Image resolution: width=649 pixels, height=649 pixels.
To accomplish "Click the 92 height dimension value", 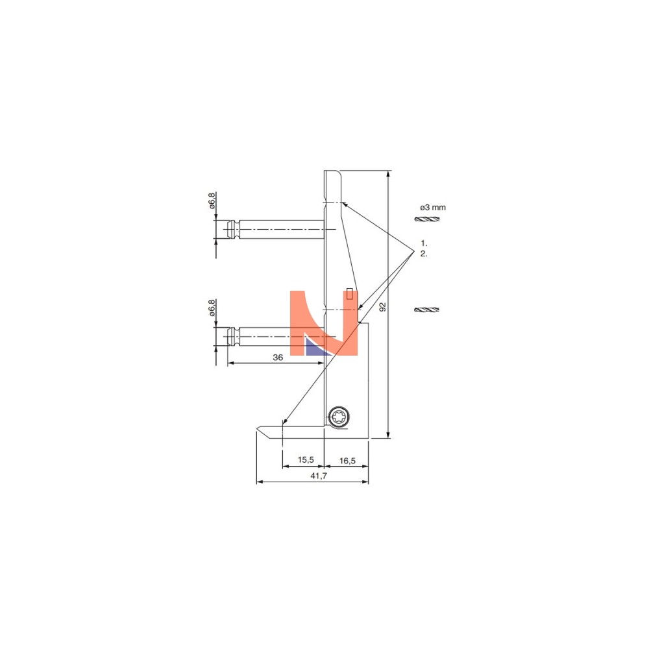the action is coord(383,307).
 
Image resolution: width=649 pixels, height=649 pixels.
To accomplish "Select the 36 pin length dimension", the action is coord(278,357).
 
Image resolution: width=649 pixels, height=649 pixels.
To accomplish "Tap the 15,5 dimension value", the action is coord(306,459).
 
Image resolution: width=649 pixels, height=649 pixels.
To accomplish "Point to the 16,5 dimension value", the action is coord(347,461).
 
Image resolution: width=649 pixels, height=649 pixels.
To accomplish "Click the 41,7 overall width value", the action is coord(319,476).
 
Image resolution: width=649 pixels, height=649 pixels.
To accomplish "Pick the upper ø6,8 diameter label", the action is coord(212,201).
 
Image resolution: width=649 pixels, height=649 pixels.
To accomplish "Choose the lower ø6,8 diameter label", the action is coord(212,308).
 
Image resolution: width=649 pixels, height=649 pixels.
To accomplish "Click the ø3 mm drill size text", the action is coord(433,208).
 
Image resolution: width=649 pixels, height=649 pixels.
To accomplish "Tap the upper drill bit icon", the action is coord(427,219).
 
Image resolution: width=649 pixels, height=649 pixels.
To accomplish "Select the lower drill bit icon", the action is coord(427,310).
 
